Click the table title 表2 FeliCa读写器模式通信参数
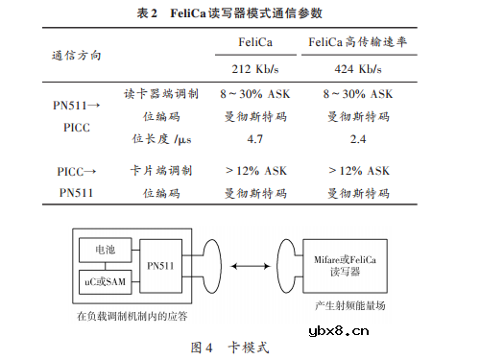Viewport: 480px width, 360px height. (240, 13)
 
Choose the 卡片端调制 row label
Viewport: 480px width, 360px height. (161, 170)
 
